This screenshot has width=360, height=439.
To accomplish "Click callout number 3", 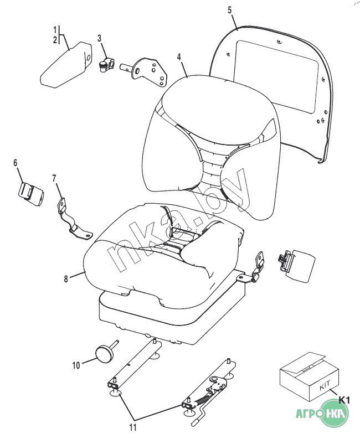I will (x=99, y=38).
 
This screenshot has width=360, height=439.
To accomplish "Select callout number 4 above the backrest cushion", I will (x=179, y=57).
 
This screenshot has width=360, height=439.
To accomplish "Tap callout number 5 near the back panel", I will (x=230, y=10).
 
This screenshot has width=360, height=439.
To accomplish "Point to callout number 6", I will (x=16, y=162).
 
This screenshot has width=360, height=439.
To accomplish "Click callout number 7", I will (x=54, y=178).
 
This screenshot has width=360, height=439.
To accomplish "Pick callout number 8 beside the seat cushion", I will (x=65, y=279).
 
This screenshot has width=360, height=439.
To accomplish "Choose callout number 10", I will (x=76, y=364).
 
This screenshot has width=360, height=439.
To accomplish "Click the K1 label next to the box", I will (x=344, y=400).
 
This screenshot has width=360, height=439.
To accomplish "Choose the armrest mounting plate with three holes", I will (x=152, y=71).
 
